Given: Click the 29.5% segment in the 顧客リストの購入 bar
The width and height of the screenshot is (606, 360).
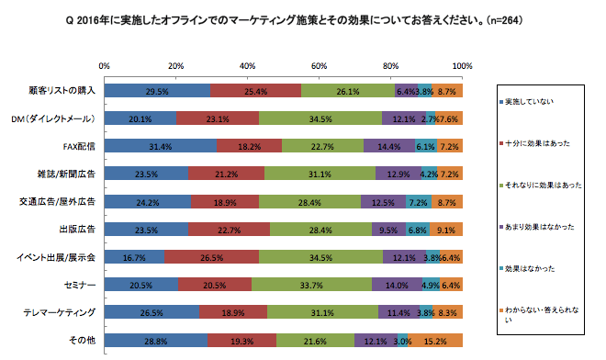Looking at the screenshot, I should point(157,92).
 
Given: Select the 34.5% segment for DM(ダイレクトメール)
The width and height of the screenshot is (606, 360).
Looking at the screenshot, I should point(320,118).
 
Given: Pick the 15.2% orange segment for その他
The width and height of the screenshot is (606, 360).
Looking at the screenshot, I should point(435,341).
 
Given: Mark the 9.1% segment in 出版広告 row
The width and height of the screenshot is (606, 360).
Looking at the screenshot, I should point(446,230).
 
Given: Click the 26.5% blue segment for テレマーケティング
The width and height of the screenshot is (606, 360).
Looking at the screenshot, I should point(151,313).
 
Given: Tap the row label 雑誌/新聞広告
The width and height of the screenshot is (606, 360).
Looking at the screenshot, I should point(70,173).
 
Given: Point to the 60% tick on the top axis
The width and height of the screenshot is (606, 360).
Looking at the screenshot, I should point(320,66).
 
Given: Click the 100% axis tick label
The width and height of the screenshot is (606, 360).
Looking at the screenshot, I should point(462,66).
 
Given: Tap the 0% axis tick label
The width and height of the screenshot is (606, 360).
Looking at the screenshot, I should point(104,66).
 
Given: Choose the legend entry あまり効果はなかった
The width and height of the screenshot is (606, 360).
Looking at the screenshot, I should point(541,226).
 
